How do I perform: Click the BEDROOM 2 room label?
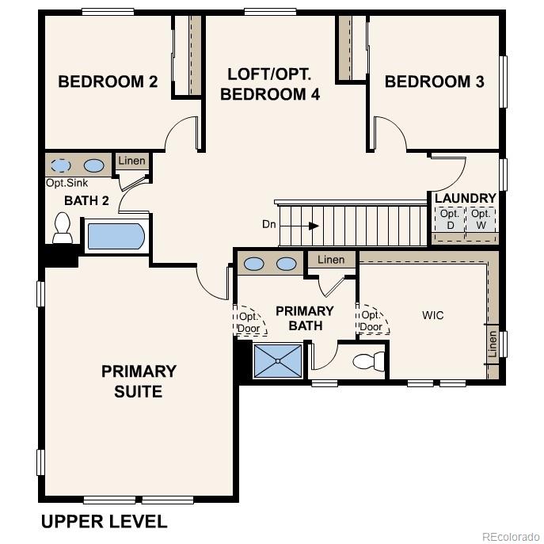click(x=108, y=82)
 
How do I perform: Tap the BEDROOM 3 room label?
click(x=434, y=82)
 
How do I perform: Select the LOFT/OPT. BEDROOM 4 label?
click(x=270, y=85)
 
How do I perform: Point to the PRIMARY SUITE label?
click(x=139, y=381)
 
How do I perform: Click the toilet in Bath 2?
click(x=62, y=229)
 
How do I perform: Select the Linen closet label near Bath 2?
click(x=131, y=161)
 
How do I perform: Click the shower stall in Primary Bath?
click(x=277, y=361)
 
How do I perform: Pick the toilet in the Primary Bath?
click(x=367, y=362)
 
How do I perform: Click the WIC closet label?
click(x=432, y=315)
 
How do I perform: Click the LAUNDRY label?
click(x=465, y=198)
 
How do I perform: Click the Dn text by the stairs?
click(x=270, y=225)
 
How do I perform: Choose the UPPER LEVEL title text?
click(x=104, y=522)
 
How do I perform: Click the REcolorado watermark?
click(x=509, y=535)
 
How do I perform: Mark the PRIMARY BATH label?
click(x=304, y=318)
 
